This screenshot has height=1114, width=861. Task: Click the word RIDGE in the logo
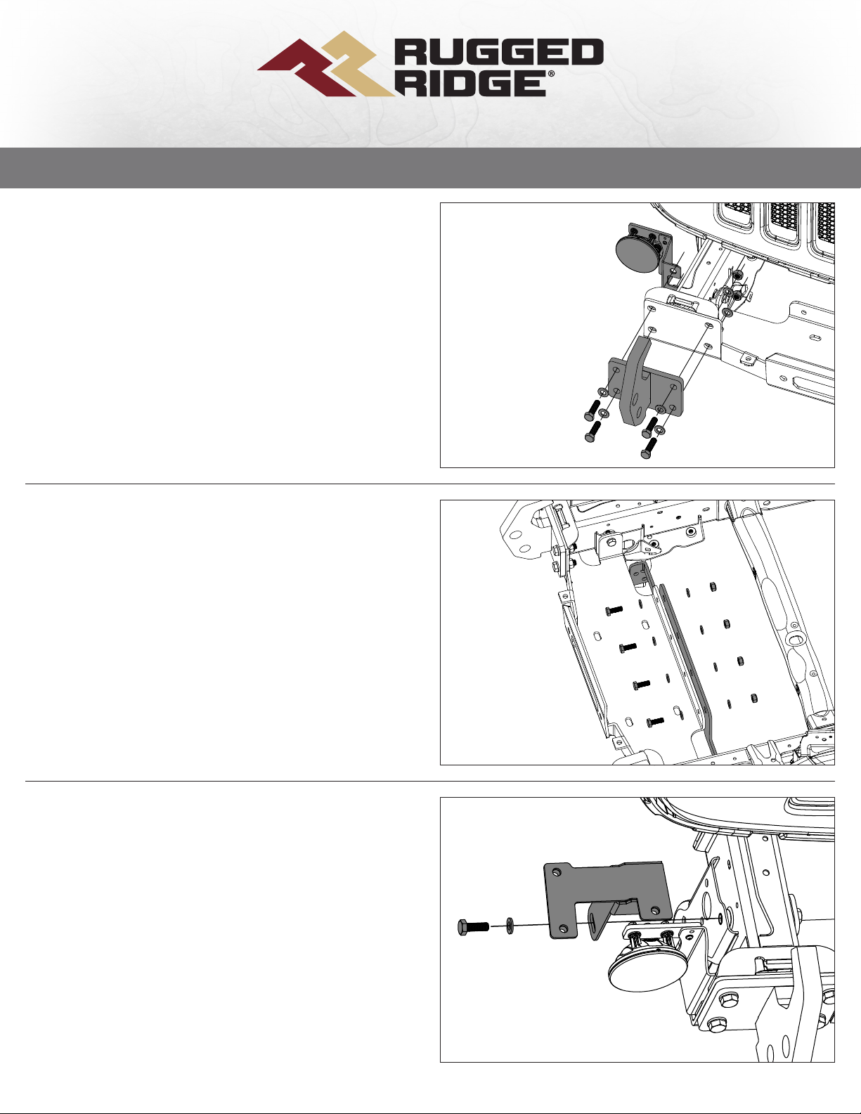pyautogui.click(x=472, y=84)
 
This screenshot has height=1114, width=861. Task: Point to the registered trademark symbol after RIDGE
pyautogui.click(x=552, y=74)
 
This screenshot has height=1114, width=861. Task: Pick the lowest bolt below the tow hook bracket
pyautogui.click(x=647, y=448)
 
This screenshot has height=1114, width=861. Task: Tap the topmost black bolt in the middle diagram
pyautogui.click(x=614, y=610)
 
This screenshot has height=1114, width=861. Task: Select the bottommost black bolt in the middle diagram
pyautogui.click(x=656, y=722)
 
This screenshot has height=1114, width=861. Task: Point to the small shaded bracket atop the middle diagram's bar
pyautogui.click(x=637, y=575)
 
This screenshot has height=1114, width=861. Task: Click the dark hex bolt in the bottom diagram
pyautogui.click(x=472, y=926)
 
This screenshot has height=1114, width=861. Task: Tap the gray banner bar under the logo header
pyautogui.click(x=430, y=168)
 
